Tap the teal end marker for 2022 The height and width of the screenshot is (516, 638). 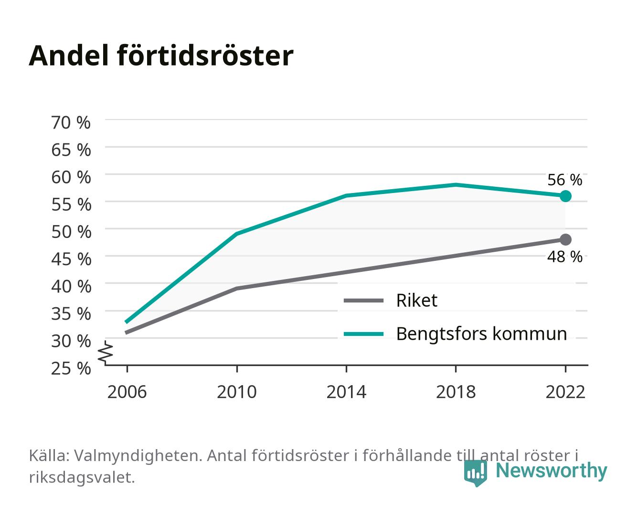pyautogui.click(x=565, y=196)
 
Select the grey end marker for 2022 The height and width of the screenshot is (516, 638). pyautogui.click(x=565, y=239)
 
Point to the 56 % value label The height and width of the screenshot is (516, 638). pyautogui.click(x=564, y=180)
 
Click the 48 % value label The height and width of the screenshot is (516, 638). pyautogui.click(x=564, y=257)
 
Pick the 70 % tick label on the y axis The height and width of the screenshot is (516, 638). pyautogui.click(x=71, y=123)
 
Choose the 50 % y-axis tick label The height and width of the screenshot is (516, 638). pyautogui.click(x=71, y=232)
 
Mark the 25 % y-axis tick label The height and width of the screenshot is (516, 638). pyautogui.click(x=71, y=368)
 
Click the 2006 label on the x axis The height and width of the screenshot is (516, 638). pyautogui.click(x=127, y=392)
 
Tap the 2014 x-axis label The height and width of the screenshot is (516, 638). pyautogui.click(x=346, y=392)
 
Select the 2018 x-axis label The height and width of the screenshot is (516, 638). pyautogui.click(x=456, y=392)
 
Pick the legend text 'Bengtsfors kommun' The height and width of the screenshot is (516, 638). pyautogui.click(x=481, y=334)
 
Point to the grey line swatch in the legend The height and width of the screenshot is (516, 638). pyautogui.click(x=363, y=300)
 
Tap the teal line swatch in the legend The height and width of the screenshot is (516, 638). pyautogui.click(x=363, y=334)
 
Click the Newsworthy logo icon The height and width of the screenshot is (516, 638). pyautogui.click(x=475, y=473)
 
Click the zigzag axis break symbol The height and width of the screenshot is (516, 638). pyautogui.click(x=106, y=353)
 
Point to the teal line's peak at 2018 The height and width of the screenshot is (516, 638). pyautogui.click(x=456, y=185)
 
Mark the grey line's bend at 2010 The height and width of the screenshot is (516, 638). pyautogui.click(x=237, y=289)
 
